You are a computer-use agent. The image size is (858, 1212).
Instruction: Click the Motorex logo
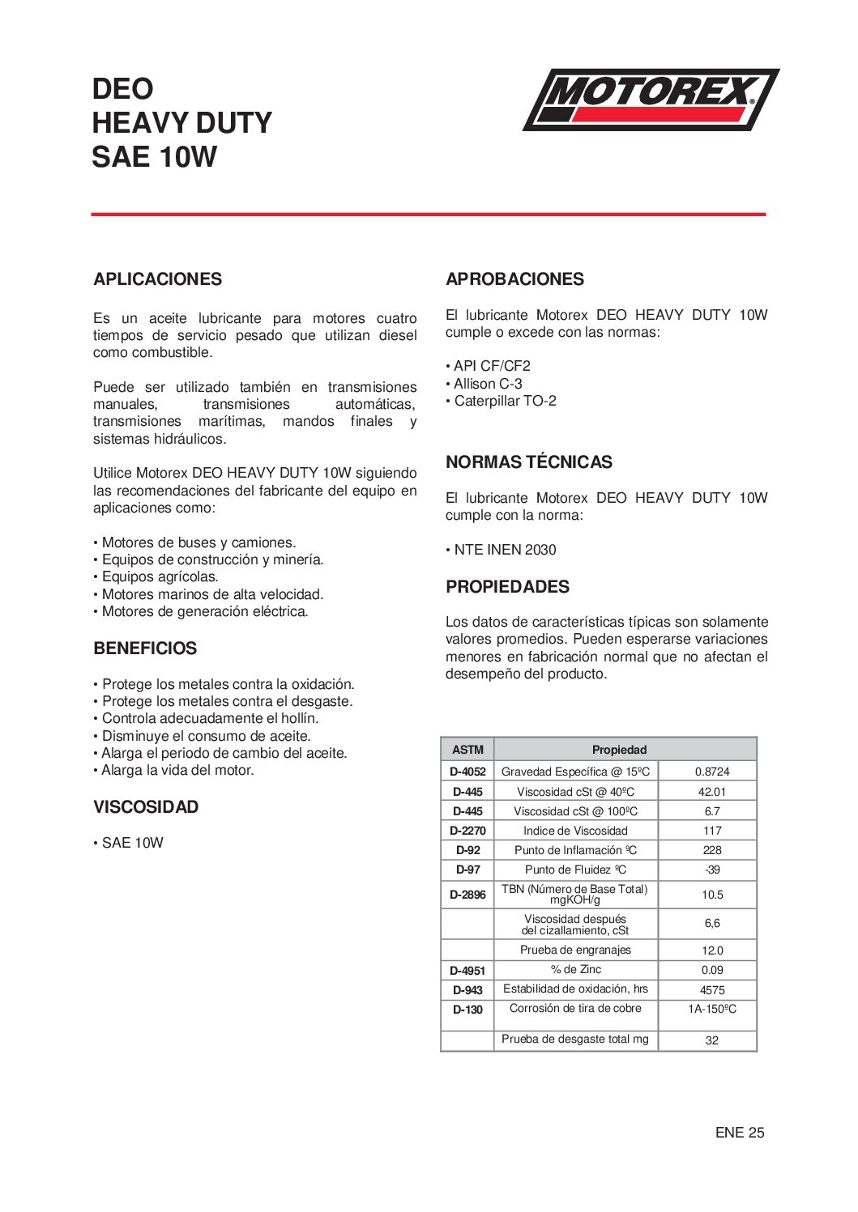coord(651,99)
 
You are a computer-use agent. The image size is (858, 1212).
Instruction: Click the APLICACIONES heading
coord(157,279)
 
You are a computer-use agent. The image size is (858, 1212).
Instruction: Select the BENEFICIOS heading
coord(145,649)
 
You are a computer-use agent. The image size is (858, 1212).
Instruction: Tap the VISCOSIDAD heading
coord(146,807)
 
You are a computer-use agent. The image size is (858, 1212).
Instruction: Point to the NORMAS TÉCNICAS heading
coord(528,462)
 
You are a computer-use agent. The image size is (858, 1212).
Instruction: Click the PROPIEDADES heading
coord(507,587)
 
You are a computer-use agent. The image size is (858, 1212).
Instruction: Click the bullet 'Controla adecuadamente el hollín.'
coord(209,718)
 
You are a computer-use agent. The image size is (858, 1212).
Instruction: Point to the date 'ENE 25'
coord(739,1133)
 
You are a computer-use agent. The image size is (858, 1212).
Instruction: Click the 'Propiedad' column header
coord(619,750)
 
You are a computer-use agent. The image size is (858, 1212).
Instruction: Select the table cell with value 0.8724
coord(711,772)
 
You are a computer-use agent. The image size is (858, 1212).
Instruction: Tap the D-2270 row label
coord(467,831)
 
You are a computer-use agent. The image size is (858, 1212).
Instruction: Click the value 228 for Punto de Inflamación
coord(711,850)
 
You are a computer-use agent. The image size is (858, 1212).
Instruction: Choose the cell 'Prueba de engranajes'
coord(575,950)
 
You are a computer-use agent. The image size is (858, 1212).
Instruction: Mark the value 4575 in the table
coord(711,990)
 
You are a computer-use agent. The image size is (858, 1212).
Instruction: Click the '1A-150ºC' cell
coord(711,1009)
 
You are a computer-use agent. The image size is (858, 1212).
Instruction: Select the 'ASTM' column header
coord(467,750)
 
